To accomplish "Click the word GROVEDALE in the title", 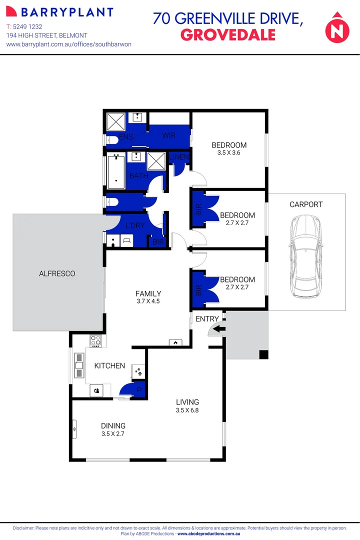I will tap(227, 34).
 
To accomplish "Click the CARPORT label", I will tap(306, 204).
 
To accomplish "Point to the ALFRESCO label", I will tap(57, 273).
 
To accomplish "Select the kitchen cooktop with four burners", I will tap(95, 341).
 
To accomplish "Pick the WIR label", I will tap(167, 135).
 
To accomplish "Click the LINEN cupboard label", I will tap(179, 157).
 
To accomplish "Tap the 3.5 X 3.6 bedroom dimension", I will tap(229, 153).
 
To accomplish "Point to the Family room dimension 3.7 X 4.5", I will tap(148, 301).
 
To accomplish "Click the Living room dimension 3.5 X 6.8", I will tap(187, 410).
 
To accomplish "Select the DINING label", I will tap(112, 425).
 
